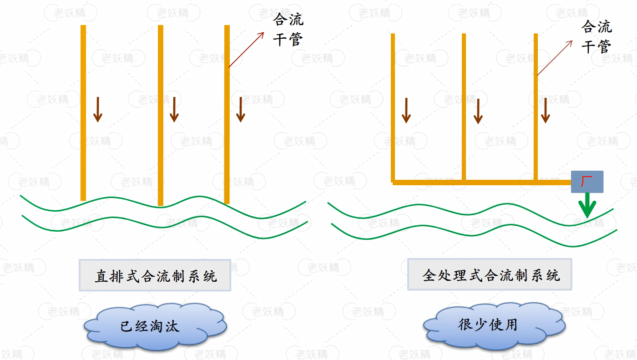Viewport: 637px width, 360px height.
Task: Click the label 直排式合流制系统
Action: (x=155, y=275)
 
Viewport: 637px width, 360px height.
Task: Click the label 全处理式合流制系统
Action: (x=490, y=275)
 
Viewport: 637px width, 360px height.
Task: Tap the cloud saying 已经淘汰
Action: (x=151, y=326)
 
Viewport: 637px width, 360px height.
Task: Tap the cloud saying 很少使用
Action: (x=489, y=325)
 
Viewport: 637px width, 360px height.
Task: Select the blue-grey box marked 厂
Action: (x=587, y=182)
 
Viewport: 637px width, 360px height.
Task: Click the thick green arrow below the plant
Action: (x=588, y=205)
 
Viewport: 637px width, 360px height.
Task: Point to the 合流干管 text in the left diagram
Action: (x=288, y=30)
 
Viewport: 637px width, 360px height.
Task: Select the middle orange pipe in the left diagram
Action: (x=161, y=114)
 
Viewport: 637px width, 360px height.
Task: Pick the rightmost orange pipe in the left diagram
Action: (x=227, y=114)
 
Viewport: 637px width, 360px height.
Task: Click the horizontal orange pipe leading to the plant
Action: (x=482, y=183)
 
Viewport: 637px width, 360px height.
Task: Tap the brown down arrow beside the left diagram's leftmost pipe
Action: (x=97, y=109)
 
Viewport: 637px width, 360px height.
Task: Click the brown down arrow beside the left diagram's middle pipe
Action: (x=174, y=109)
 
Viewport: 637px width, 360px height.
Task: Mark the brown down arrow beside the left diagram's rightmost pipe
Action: (x=241, y=109)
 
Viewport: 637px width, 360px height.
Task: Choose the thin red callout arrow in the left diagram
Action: (x=246, y=50)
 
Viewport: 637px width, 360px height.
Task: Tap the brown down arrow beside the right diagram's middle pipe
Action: (x=478, y=112)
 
